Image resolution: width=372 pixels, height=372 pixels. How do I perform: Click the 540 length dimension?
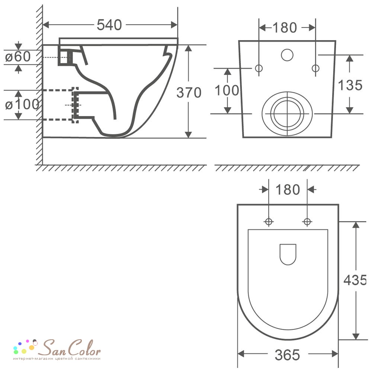(x=109, y=25)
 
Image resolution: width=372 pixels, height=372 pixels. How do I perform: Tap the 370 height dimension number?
(x=189, y=93)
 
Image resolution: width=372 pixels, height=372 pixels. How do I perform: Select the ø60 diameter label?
(x=18, y=57)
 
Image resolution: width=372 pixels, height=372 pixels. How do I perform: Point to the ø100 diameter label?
(x=22, y=105)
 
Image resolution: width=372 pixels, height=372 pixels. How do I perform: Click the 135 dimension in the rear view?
(x=350, y=85)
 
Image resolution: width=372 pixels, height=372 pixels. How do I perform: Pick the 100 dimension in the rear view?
(x=227, y=91)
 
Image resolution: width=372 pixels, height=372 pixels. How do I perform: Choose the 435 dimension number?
(x=355, y=280)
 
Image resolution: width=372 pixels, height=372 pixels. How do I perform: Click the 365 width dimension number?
(x=287, y=355)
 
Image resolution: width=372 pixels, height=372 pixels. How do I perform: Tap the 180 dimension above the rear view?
(x=285, y=28)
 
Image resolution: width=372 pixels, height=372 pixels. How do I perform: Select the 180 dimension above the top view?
(x=288, y=190)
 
